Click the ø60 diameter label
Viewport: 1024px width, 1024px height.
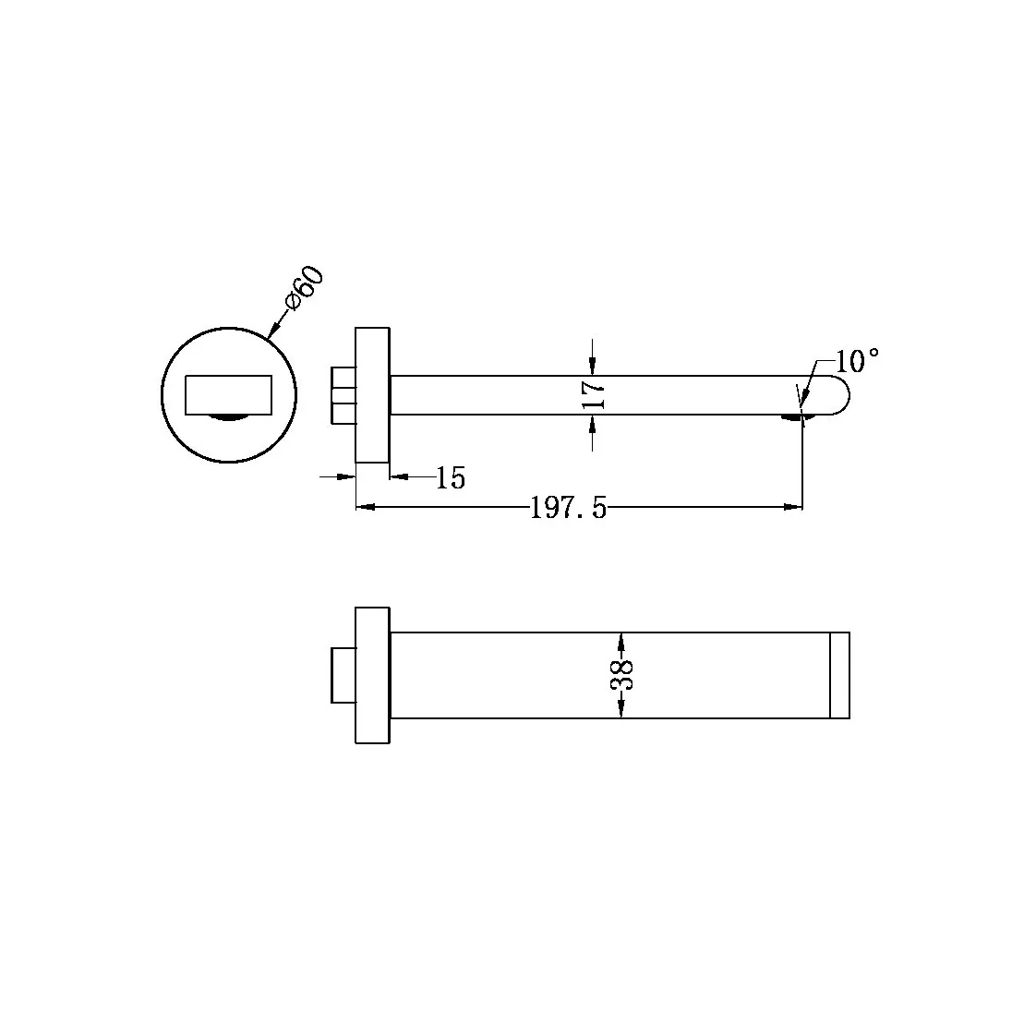coord(304,288)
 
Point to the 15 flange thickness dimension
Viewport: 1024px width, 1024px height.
coord(451,478)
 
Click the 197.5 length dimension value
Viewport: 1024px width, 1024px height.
coord(568,508)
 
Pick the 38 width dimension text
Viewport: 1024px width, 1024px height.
coord(621,676)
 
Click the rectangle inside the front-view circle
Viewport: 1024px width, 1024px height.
coord(228,395)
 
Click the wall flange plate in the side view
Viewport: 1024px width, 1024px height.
coord(372,394)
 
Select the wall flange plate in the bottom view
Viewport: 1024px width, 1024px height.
coord(372,675)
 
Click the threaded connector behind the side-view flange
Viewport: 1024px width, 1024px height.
coord(343,394)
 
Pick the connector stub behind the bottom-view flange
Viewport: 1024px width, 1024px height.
coord(343,675)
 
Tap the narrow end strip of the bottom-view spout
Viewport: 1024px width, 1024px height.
coord(839,675)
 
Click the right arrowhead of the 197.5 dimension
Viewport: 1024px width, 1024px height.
coord(793,506)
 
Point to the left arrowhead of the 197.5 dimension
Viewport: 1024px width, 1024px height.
coord(365,506)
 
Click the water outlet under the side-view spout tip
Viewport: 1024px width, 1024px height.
coord(792,417)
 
